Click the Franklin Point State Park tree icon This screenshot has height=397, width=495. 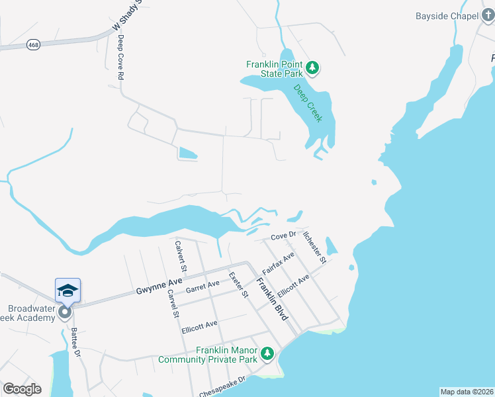point(313,68)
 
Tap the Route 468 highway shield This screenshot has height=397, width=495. point(32,44)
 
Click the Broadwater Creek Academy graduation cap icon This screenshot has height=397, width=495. point(67,290)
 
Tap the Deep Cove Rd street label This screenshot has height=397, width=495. point(120,58)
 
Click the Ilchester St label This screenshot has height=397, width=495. point(314,246)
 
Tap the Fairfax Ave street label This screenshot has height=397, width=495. point(278,263)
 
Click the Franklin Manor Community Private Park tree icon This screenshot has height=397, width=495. point(267,354)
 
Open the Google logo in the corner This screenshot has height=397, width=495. point(22,389)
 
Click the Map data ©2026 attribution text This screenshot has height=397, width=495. point(467,391)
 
